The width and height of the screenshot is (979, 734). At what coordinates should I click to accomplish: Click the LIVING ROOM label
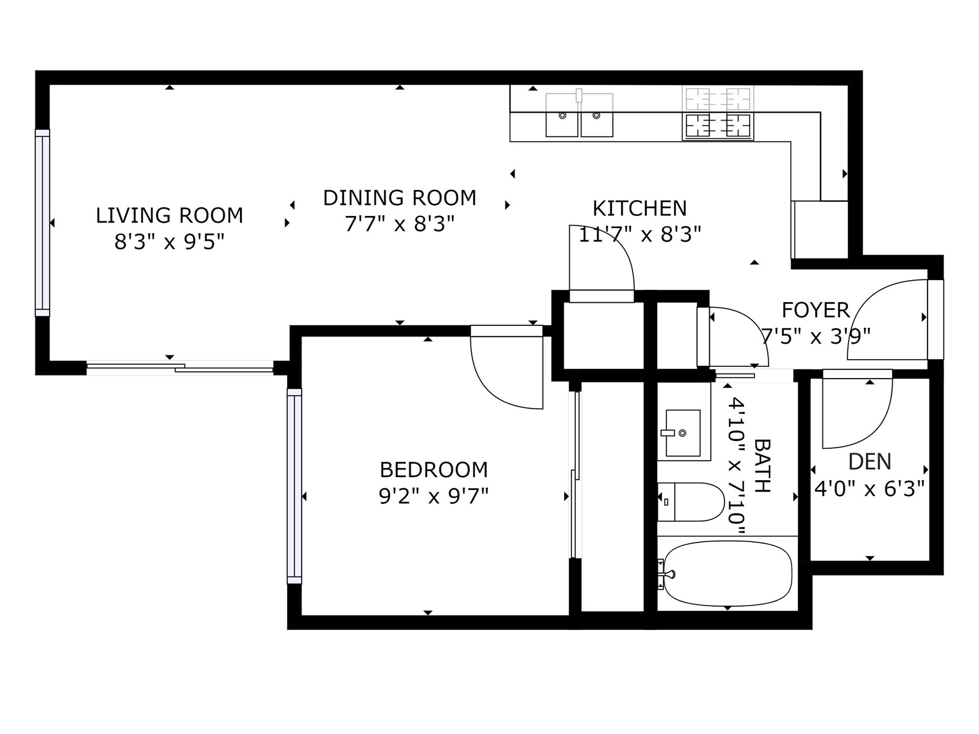[169, 216]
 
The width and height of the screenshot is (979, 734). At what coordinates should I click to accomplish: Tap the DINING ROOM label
[400, 198]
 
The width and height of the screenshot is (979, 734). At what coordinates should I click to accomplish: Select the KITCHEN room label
[639, 209]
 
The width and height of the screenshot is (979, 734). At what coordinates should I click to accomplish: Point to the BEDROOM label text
[434, 470]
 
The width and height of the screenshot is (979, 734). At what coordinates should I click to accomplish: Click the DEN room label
[869, 462]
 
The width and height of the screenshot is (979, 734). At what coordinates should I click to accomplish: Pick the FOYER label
[816, 310]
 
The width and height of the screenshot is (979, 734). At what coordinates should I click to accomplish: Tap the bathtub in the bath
[728, 574]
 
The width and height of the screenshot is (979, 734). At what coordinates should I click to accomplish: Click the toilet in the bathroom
[691, 502]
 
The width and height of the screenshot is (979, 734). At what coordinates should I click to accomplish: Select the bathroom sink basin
[683, 433]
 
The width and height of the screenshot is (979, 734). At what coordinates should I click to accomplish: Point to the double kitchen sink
[579, 115]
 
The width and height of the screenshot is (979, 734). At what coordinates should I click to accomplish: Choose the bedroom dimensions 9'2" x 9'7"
[434, 496]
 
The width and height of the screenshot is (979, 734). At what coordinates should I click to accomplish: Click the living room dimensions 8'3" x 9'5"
[169, 242]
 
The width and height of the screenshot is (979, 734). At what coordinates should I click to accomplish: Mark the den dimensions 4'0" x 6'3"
[869, 489]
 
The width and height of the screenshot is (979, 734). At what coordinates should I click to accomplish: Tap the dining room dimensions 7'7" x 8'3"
[400, 224]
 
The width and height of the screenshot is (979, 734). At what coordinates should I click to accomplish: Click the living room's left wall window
[42, 223]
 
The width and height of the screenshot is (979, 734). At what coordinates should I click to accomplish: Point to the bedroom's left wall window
[294, 486]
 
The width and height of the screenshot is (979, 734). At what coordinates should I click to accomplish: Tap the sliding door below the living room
[180, 368]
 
